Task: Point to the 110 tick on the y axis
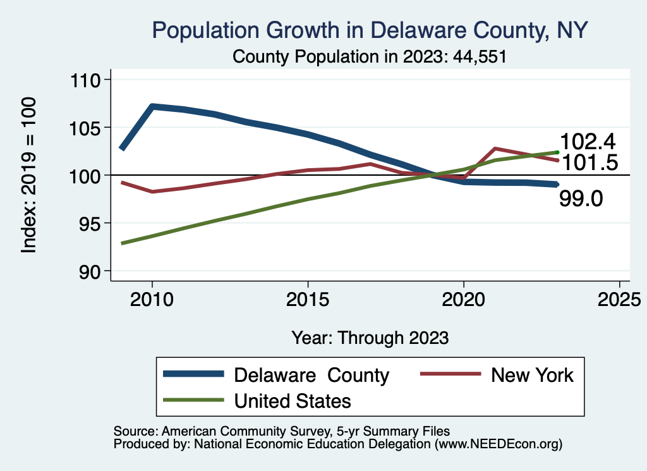88,80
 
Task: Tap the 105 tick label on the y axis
88,128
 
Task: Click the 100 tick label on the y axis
88,175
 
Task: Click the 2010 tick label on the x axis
152,300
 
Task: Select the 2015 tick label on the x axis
308,300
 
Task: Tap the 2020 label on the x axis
464,300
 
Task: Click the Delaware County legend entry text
311,375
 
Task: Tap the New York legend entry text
532,375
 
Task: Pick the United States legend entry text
292,401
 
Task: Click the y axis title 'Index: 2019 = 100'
28,175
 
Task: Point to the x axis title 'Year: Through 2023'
370,338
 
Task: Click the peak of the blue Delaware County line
152,106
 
